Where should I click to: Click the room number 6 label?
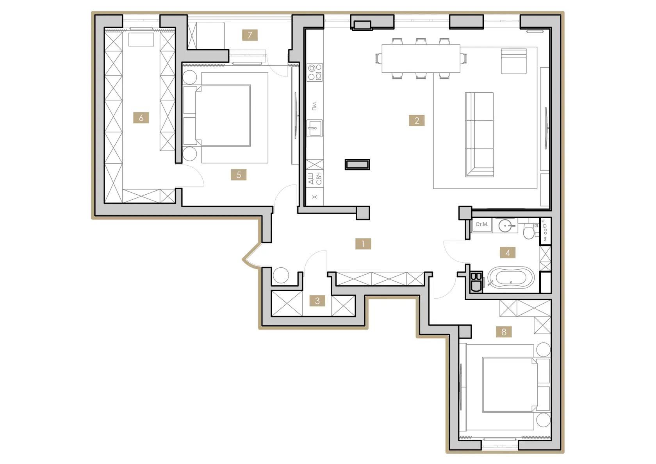[141, 118]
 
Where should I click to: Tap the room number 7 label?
[250, 35]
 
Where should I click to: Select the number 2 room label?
[416, 120]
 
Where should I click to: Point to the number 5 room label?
[238, 175]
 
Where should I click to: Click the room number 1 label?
[363, 244]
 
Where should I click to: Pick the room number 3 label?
[317, 301]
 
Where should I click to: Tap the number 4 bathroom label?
[508, 253]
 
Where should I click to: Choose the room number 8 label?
[504, 332]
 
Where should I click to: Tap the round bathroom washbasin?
[506, 226]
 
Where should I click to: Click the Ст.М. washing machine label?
[482, 224]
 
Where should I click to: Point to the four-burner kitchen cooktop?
[315, 72]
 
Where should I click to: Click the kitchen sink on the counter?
[315, 128]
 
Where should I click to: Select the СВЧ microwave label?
[319, 178]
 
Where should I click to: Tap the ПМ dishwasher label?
[315, 106]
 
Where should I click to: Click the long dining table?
[421, 58]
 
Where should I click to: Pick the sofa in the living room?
[480, 134]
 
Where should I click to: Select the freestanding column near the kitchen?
[357, 165]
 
